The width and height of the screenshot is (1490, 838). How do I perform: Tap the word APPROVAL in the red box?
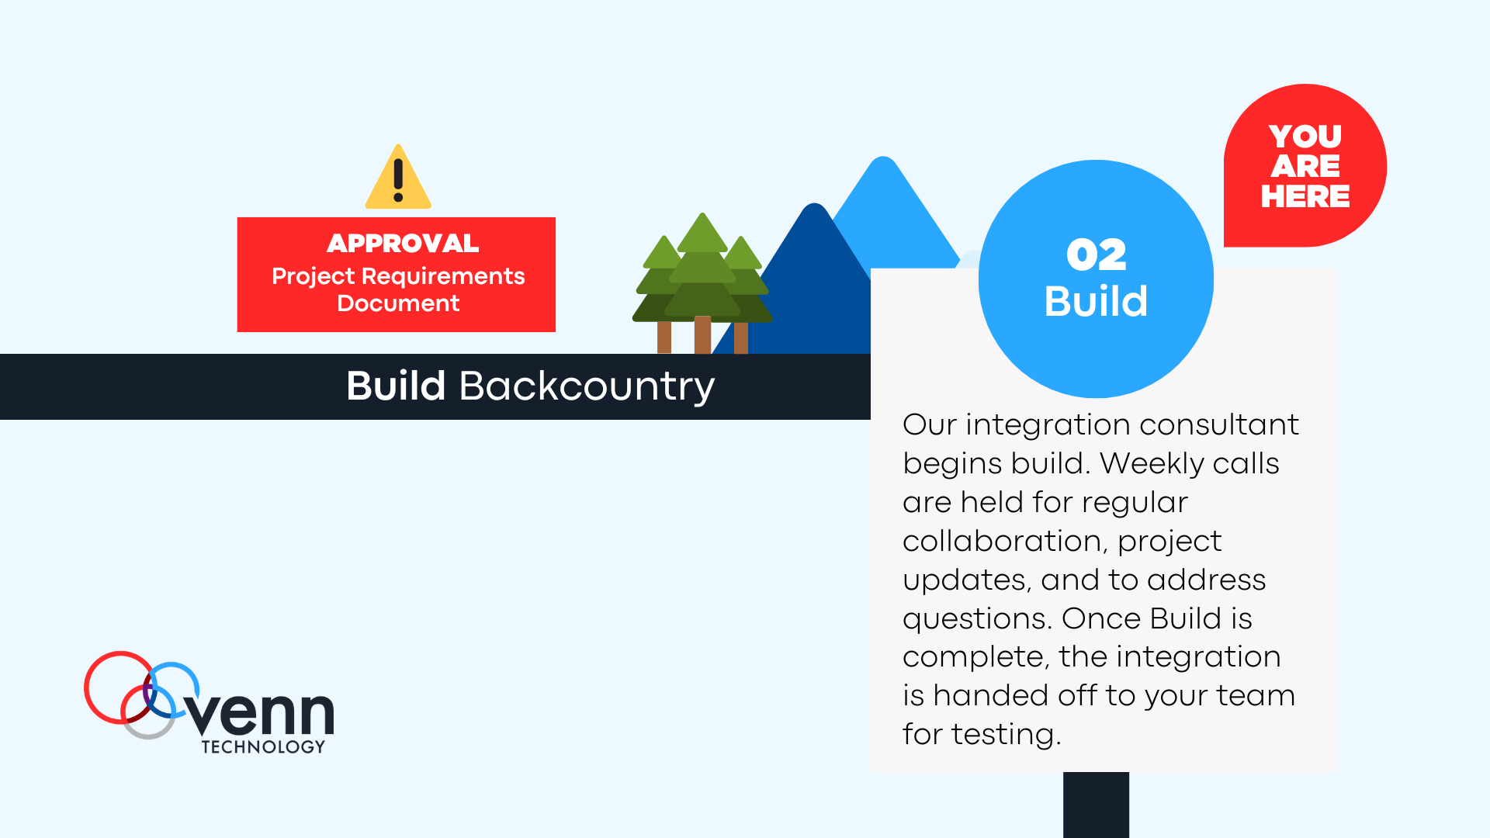point(403,243)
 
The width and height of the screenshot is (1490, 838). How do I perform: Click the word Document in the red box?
point(398,303)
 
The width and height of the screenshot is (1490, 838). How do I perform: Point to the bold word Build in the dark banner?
point(396,386)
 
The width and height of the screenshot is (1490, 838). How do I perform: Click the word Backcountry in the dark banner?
point(587,387)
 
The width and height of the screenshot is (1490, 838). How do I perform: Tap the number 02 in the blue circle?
point(1096,255)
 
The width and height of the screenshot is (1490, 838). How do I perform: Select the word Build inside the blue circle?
point(1096,301)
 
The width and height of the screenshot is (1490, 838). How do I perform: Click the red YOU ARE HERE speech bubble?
point(1305,165)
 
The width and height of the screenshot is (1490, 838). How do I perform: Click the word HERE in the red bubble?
point(1305,196)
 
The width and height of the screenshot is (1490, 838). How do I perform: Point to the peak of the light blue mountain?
point(883,158)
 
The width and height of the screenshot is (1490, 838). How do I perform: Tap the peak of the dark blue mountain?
point(815,205)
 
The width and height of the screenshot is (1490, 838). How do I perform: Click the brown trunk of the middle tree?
point(702,334)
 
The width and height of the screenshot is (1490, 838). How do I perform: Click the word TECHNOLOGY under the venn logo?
point(263,746)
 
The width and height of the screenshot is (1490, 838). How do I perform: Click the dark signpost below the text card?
point(1096,805)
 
